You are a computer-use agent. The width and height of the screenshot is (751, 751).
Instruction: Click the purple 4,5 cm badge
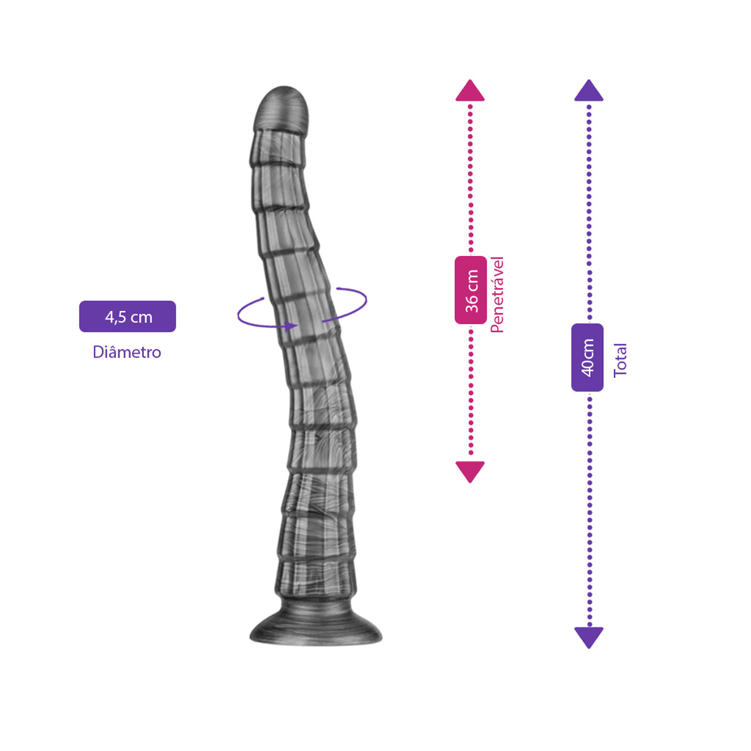(x=128, y=317)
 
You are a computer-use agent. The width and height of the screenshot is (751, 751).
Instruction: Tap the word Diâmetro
(x=127, y=352)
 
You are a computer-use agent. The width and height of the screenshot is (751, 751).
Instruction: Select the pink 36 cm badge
(x=471, y=290)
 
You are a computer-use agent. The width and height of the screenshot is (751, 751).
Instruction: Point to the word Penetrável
(x=498, y=295)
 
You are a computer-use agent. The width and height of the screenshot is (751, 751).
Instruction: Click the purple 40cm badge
(x=587, y=357)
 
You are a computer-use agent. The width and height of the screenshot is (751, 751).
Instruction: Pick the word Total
(x=620, y=360)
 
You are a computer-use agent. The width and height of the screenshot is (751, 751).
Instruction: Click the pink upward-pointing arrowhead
(x=470, y=90)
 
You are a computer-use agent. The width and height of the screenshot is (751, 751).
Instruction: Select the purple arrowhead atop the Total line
(x=589, y=90)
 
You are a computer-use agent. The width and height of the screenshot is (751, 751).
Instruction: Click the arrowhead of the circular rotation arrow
(x=290, y=327)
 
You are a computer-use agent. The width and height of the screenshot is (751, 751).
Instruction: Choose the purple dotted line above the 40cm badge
(x=589, y=212)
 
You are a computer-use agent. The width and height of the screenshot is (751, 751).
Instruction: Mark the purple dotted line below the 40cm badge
(x=590, y=509)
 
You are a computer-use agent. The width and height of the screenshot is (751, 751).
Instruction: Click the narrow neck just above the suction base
(x=315, y=601)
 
